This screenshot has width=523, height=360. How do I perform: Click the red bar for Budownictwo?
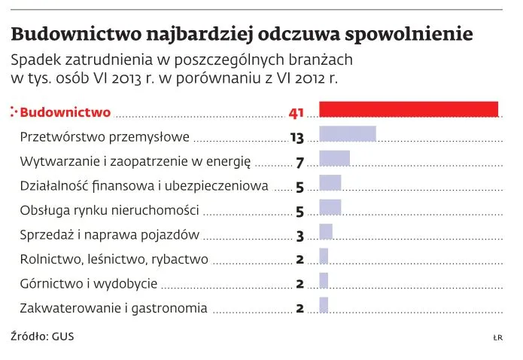pos(409,109)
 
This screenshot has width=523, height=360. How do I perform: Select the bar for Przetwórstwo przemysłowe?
pos(348,134)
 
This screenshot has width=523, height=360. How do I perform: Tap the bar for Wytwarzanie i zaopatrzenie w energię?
pos(335,158)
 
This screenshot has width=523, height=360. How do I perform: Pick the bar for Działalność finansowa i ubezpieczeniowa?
pos(330,182)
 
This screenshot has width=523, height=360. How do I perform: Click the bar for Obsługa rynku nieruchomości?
pos(330,207)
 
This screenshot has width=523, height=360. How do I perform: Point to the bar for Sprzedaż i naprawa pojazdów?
pos(326,231)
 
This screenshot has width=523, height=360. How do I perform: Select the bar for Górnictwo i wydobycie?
pos(324,280)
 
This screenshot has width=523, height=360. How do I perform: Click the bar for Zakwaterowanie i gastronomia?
pos(324,304)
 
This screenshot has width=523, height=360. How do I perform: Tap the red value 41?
pos(296,113)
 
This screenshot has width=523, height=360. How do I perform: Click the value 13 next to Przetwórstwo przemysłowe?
pos(296,138)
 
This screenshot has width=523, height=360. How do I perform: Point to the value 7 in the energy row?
pos(300,163)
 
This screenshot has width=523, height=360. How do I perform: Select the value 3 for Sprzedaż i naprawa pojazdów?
pos(300,236)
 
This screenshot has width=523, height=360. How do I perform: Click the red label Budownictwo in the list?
pos(65,113)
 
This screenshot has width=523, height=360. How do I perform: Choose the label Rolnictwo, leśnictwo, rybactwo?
pos(114,260)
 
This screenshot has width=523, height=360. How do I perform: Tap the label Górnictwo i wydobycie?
pos(89,284)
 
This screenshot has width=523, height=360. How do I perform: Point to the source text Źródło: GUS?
pos(43,335)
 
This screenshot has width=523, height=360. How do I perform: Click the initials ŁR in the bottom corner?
pos(497,337)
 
